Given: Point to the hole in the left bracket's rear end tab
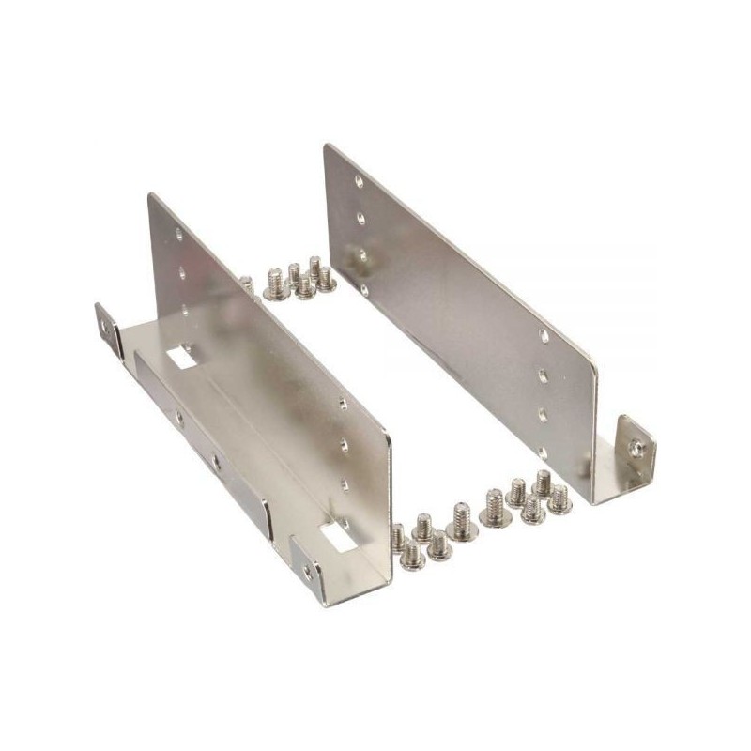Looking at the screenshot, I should (103, 329).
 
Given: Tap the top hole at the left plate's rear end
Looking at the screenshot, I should (179, 235).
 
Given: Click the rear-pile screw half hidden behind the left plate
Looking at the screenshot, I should (245, 281).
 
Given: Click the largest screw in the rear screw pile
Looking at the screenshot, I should (275, 284).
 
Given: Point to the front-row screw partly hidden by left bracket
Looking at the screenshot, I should (398, 535).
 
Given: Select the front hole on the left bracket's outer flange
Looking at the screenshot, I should (216, 462).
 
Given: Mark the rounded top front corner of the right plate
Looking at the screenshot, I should (589, 363).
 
